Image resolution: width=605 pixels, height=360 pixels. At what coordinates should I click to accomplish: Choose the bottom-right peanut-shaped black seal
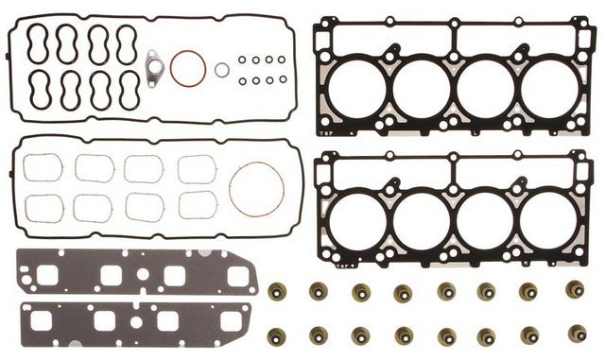coord(128,92)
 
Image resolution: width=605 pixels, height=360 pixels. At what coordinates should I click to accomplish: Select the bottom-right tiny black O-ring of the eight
coord(282,78)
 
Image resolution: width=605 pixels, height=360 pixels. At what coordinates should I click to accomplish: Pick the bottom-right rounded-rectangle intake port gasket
coord(197,205)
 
